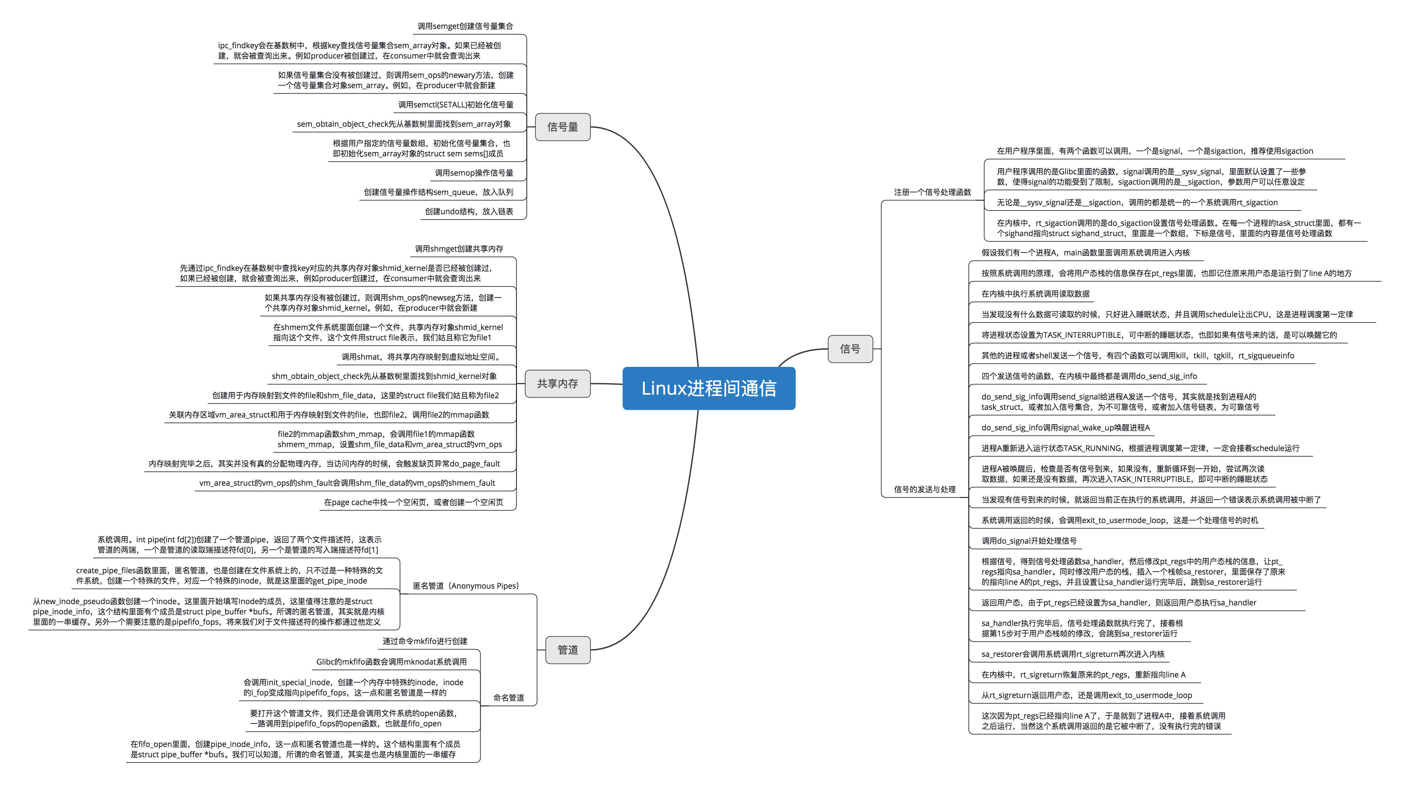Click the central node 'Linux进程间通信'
tap(709, 388)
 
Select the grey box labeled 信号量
tap(563, 127)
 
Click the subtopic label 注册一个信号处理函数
tap(933, 192)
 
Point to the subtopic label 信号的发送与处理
tap(925, 489)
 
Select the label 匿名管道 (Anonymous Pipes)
tap(466, 586)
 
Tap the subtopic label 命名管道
tap(509, 697)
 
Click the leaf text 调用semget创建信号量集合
tap(465, 26)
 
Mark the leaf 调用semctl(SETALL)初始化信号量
tap(456, 105)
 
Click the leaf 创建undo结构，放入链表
tap(469, 211)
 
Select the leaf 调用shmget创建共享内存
tap(459, 249)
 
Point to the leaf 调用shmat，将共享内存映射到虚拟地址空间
tap(421, 357)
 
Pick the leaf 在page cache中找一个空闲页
tap(413, 502)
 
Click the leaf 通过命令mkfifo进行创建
tap(425, 641)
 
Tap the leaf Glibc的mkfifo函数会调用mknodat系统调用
tap(392, 662)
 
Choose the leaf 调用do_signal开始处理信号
tap(1029, 541)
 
